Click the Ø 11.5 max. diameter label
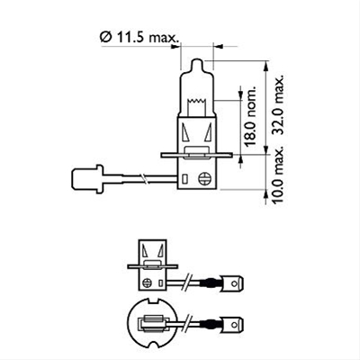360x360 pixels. tap(139, 36)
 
